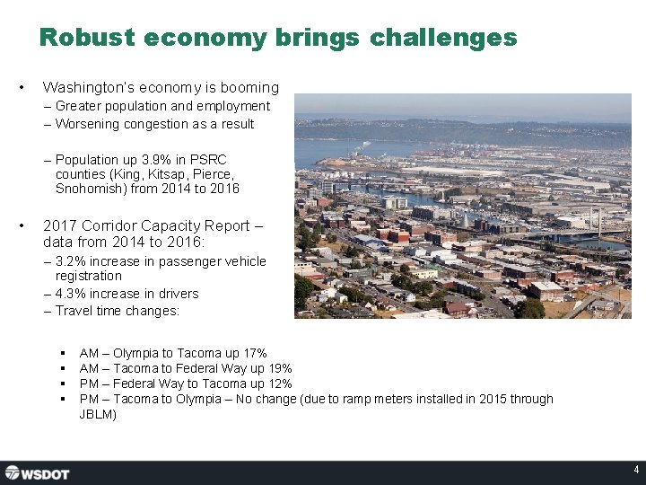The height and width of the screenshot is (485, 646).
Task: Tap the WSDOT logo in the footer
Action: (37, 472)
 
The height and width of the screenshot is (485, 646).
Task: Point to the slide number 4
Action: (635, 470)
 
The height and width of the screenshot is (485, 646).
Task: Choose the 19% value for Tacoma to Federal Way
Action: (280, 369)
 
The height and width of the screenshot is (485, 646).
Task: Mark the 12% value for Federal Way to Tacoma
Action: (280, 384)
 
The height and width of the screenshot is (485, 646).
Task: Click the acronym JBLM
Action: (98, 415)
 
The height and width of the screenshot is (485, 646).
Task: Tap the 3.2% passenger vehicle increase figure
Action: (70, 261)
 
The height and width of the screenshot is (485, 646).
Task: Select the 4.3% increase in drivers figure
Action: (70, 294)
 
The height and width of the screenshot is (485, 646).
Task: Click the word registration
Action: (88, 276)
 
